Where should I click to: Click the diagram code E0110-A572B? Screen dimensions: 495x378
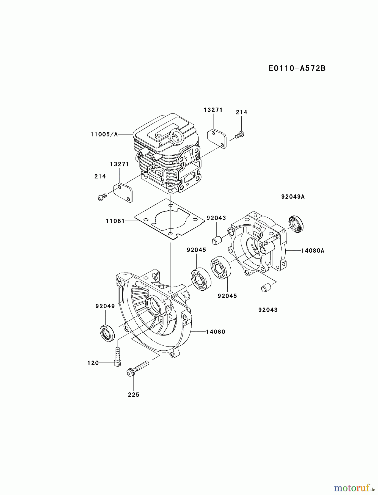pos(297,68)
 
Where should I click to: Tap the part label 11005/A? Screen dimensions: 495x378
pos(104,134)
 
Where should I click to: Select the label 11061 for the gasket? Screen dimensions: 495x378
pos(115,221)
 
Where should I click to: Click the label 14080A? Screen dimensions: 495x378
pos(313,251)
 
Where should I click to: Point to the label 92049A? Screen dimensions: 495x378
pos(293,197)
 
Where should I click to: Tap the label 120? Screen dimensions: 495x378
pos(93,363)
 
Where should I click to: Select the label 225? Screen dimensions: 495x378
pos(134,395)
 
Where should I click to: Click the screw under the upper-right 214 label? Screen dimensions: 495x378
pos(240,135)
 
